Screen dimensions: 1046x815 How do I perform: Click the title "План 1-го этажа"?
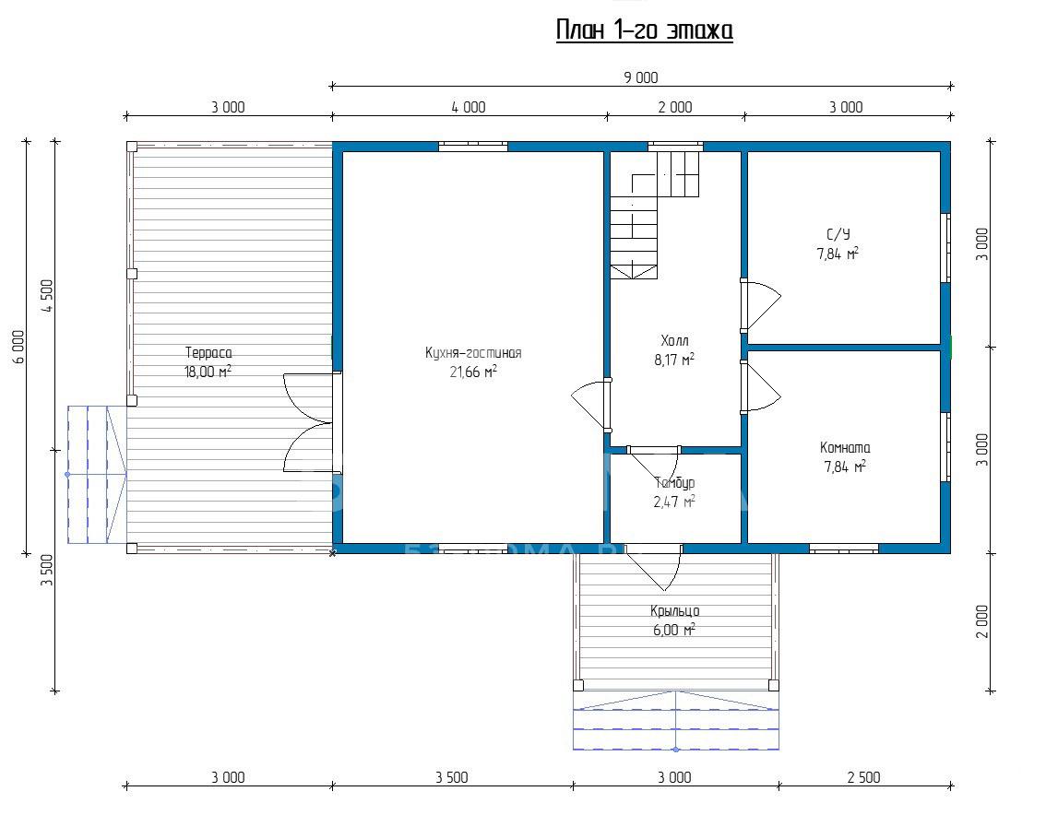(x=645, y=30)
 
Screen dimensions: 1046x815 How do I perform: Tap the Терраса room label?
(x=208, y=353)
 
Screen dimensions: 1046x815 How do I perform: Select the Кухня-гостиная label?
(x=473, y=353)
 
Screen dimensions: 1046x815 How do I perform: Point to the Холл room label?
(x=674, y=341)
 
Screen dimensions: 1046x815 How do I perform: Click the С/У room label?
(x=838, y=235)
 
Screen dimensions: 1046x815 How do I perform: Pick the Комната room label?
(x=845, y=448)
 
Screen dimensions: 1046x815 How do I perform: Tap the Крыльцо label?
(x=674, y=611)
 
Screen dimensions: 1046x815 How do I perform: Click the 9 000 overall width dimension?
(x=641, y=77)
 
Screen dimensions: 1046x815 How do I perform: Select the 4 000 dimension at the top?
(x=469, y=107)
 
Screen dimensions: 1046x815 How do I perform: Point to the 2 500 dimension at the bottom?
(x=864, y=777)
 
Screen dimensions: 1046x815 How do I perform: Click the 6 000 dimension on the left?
(x=18, y=347)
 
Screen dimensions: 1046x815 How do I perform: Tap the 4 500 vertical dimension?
(x=47, y=296)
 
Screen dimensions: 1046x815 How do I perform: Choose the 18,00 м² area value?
(x=208, y=372)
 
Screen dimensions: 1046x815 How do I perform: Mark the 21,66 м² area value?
(x=473, y=372)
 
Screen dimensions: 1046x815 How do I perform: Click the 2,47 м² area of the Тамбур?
(x=674, y=502)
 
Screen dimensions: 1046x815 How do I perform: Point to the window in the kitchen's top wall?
(x=473, y=146)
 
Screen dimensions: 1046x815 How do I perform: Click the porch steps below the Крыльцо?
(x=676, y=720)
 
